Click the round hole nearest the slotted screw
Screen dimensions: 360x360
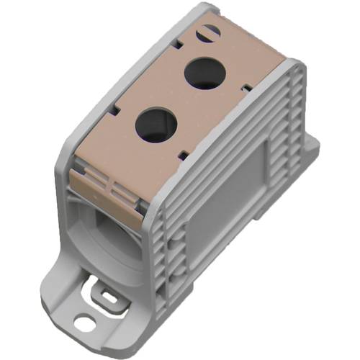pos(202,72)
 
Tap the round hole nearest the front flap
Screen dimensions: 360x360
pos(153,123)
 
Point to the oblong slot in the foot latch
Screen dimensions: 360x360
pos(109,296)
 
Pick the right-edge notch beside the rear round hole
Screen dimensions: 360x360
pos(246,87)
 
